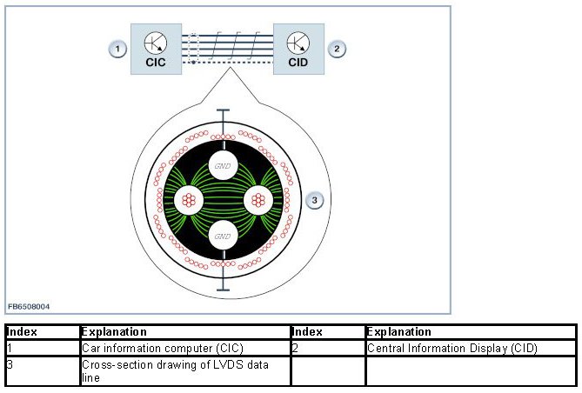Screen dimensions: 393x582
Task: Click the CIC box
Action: (157, 49)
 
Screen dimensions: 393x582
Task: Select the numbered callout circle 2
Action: (335, 49)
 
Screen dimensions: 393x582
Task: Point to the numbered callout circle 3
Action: (316, 201)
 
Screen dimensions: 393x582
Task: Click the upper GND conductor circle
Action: (224, 165)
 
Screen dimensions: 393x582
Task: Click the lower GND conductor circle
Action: (224, 235)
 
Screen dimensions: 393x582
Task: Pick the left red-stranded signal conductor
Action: (189, 200)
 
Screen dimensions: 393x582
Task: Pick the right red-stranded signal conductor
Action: (258, 200)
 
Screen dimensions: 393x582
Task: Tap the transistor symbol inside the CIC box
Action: (157, 42)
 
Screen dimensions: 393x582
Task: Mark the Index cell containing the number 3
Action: (42, 370)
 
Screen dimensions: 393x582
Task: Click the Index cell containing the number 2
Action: (326, 348)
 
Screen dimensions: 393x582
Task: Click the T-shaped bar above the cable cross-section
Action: (224, 114)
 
